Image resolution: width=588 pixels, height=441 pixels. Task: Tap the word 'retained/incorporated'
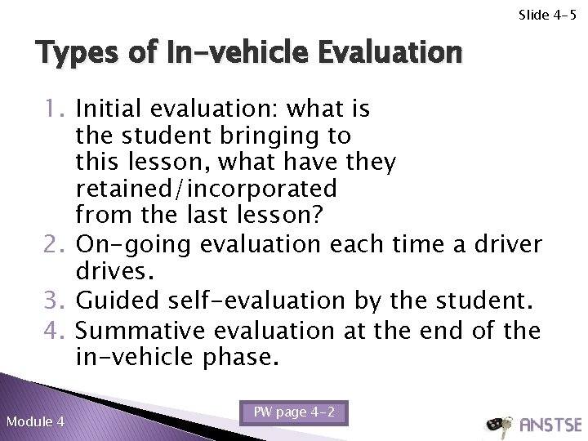(x=204, y=189)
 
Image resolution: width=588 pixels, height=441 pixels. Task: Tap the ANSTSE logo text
(x=550, y=425)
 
